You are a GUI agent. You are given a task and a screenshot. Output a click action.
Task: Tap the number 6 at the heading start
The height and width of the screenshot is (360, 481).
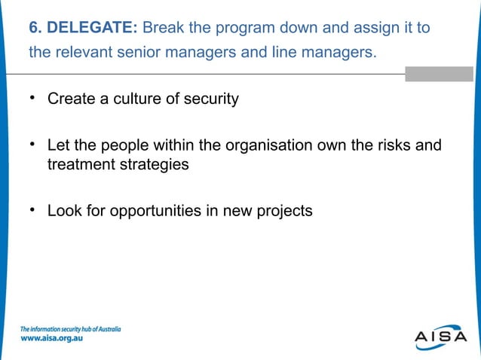point(34,29)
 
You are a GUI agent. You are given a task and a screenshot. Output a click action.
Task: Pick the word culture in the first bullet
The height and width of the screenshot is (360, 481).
point(137,99)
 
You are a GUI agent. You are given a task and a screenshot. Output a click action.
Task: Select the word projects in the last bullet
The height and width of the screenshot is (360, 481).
point(283,211)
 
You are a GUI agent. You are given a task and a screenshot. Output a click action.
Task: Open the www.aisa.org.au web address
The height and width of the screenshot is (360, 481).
point(51,339)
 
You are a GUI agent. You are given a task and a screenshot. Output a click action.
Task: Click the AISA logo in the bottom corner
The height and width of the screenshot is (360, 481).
point(440,337)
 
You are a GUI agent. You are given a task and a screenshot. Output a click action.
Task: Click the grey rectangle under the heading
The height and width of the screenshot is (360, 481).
point(439,74)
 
